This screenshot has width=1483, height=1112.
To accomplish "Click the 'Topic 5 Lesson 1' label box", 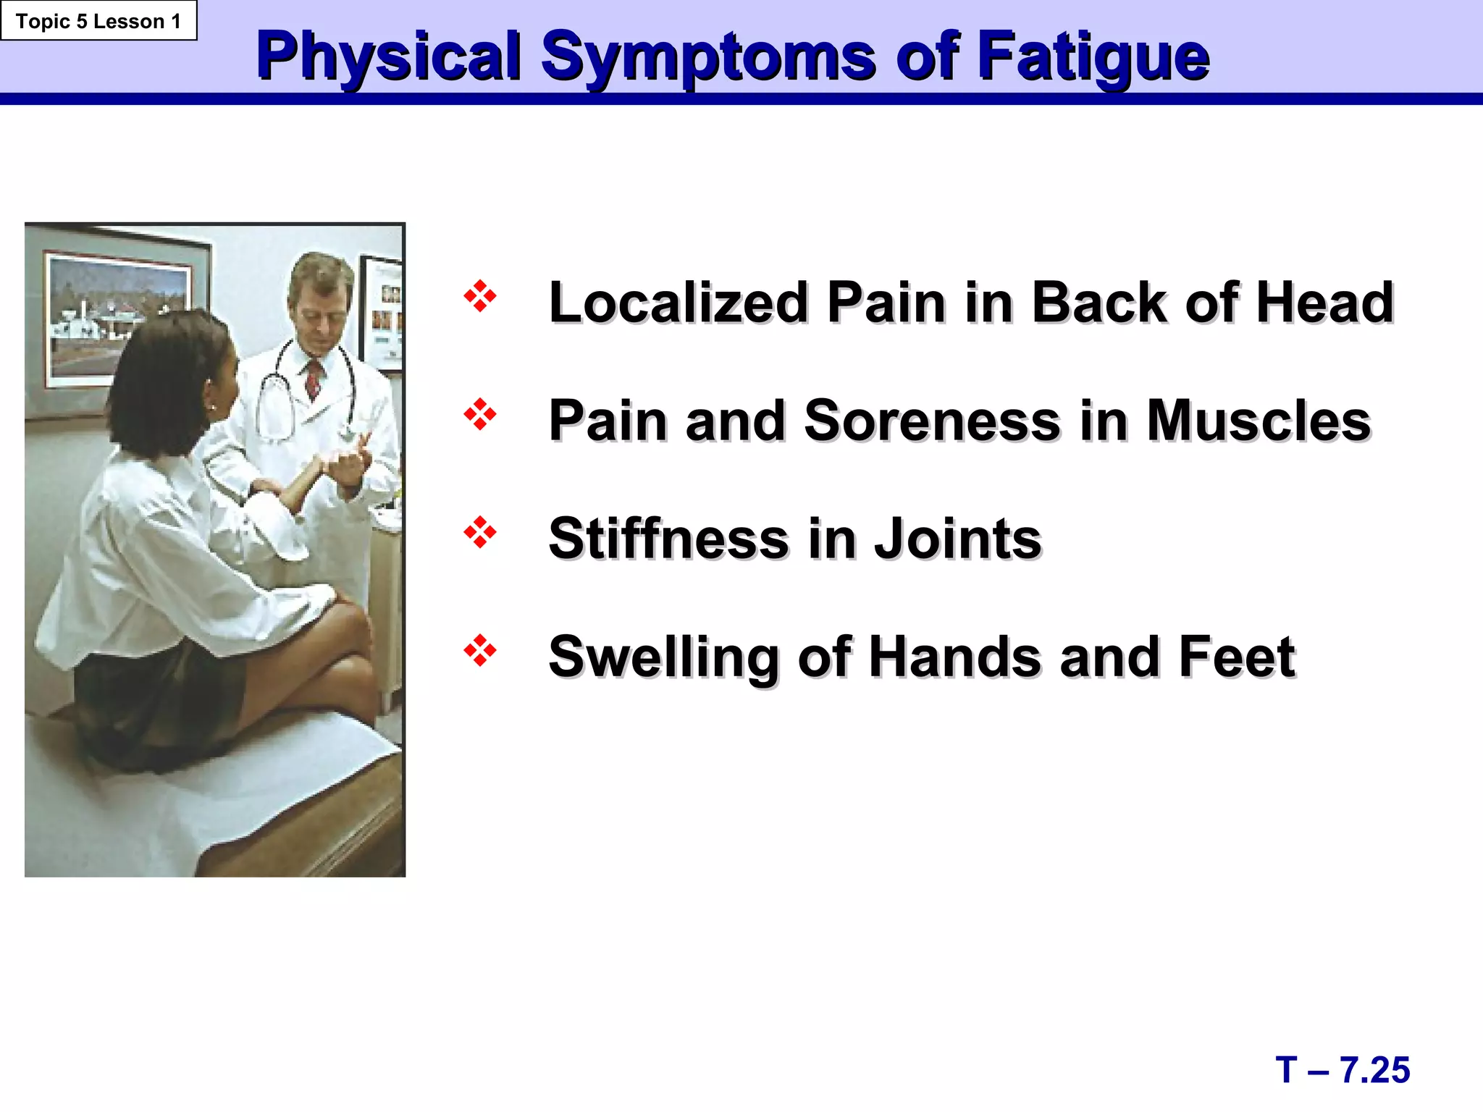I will coord(98,21).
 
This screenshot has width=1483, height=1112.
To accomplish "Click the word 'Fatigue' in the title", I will coord(1093,58).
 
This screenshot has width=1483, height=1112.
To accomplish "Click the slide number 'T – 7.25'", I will coord(1343,1070).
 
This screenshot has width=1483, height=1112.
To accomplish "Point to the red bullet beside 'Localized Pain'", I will coord(480,296).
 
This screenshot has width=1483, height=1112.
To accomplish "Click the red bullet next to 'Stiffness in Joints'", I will coord(480,533).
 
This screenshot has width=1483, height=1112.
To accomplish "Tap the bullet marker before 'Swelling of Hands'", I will coord(480,651).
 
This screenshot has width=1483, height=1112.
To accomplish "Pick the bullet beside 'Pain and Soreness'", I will coord(480,415).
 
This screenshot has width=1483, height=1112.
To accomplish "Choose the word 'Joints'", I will coord(957,539).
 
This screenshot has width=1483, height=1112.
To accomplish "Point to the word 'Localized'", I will coord(678,303).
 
